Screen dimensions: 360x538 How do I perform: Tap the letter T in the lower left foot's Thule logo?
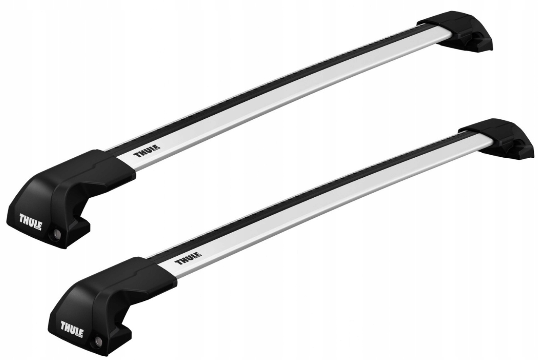click(63, 325)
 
